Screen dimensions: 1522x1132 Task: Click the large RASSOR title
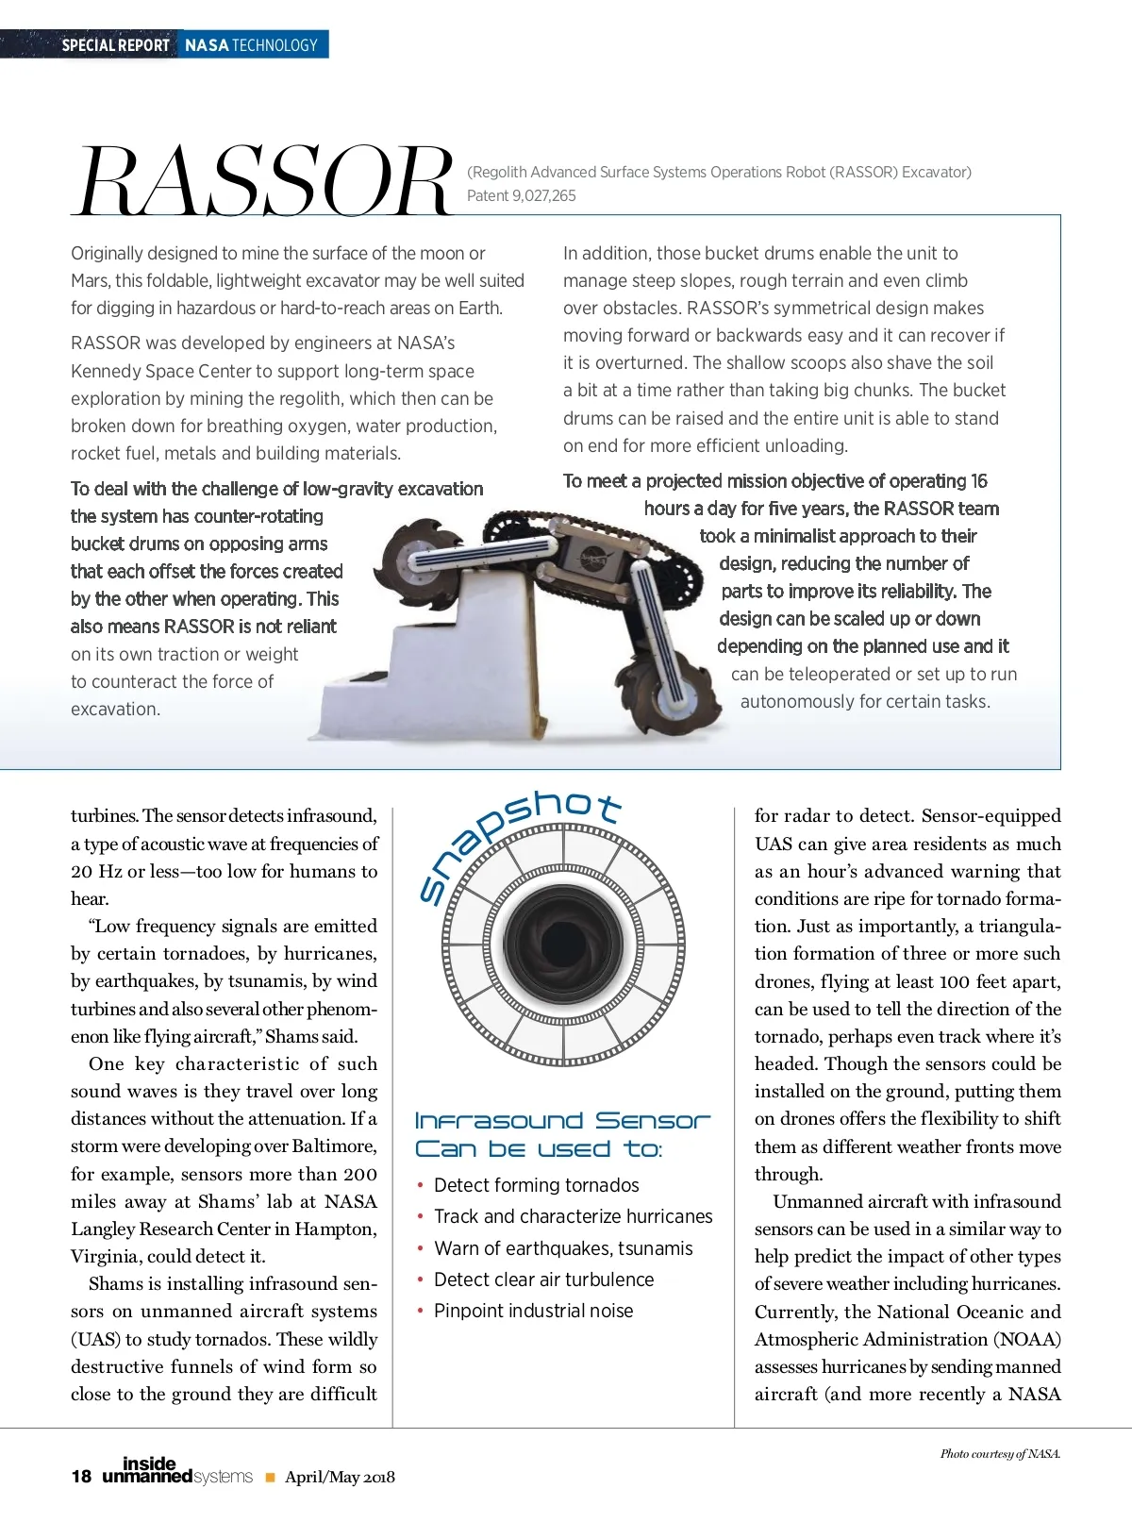pos(264,181)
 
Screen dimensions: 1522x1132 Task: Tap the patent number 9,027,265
pos(543,196)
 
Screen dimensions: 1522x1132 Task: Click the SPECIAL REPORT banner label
pos(115,45)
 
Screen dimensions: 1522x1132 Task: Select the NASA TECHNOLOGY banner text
pos(251,45)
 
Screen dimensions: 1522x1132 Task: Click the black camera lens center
pos(563,943)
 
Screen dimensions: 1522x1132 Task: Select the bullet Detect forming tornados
pos(536,1185)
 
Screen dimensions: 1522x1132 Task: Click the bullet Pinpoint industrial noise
pos(533,1311)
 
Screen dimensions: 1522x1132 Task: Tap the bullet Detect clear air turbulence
pos(543,1279)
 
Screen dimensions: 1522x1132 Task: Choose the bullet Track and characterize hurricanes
pos(573,1216)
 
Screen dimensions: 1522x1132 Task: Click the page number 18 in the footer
pos(81,1477)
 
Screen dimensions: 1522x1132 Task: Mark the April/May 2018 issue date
pos(340,1478)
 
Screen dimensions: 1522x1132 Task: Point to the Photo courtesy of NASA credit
pos(1000,1454)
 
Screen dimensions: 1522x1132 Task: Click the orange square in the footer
pos(270,1478)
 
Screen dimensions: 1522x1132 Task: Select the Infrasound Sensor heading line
pos(562,1121)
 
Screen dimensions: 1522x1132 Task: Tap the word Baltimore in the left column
pos(334,1146)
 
